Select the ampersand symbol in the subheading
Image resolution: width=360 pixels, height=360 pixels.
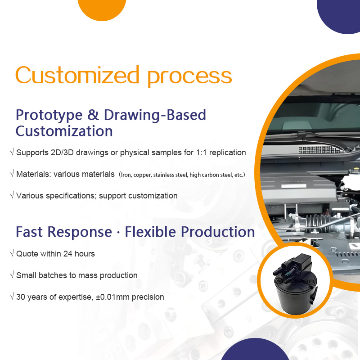tap(93, 115)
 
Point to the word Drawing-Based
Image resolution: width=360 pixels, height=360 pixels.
tap(155, 115)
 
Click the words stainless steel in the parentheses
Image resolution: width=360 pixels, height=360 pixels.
tap(171, 175)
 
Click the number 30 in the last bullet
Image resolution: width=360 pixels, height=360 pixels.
tap(21, 297)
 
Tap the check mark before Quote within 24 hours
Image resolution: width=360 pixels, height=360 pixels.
tap(12, 254)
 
